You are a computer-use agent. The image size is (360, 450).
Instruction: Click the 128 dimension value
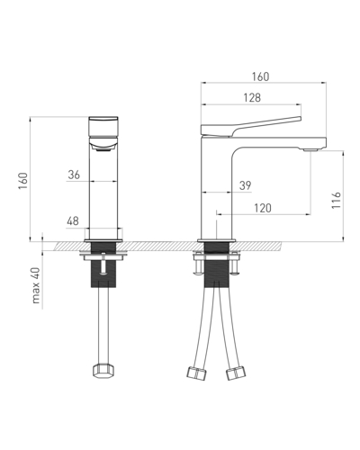click(252, 98)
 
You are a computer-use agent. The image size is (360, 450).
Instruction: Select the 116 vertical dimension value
click(337, 200)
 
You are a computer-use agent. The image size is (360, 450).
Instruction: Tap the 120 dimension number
click(263, 208)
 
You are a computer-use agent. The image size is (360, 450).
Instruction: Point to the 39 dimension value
click(245, 185)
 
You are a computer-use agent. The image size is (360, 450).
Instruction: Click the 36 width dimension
click(74, 175)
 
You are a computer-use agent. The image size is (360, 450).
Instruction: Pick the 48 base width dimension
click(73, 221)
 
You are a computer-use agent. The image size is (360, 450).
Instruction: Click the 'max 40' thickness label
click(36, 285)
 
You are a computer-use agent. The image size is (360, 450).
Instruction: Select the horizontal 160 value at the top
click(260, 76)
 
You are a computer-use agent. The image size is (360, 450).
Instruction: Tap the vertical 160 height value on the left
click(23, 180)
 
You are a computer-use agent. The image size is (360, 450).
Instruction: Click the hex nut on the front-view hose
click(103, 370)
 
